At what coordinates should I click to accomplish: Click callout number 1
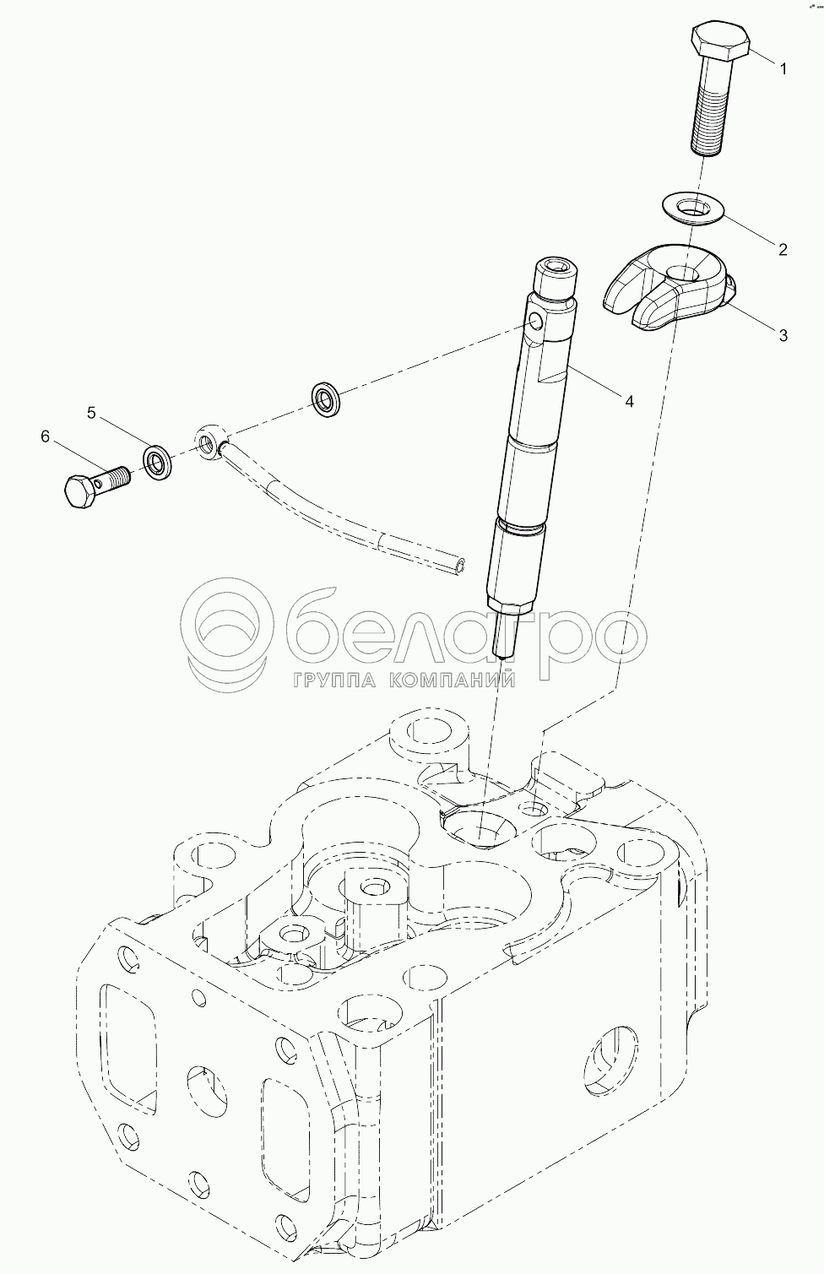pyautogui.click(x=783, y=69)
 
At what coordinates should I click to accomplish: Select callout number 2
pyautogui.click(x=783, y=249)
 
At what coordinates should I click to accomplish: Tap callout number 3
pyautogui.click(x=783, y=335)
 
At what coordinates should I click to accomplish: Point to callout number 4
pyautogui.click(x=629, y=401)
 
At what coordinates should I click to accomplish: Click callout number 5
pyautogui.click(x=91, y=412)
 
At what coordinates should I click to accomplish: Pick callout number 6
pyautogui.click(x=45, y=436)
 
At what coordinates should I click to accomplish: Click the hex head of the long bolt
pyautogui.click(x=720, y=41)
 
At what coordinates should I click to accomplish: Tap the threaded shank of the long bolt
pyautogui.click(x=708, y=107)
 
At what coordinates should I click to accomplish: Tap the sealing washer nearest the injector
pyautogui.click(x=325, y=399)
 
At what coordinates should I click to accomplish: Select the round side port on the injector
pyautogui.click(x=534, y=323)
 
